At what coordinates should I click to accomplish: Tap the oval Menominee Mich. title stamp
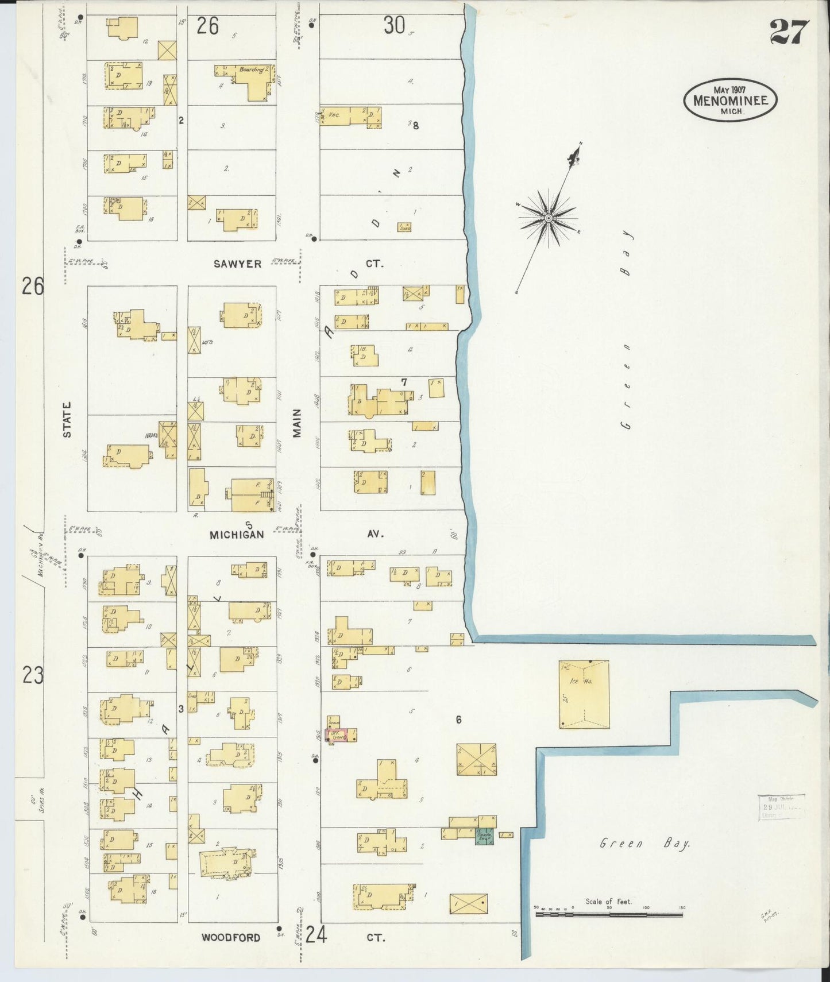click(729, 100)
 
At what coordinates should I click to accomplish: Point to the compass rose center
click(549, 218)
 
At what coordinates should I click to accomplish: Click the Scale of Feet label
click(609, 902)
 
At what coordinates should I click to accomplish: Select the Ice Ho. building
click(584, 694)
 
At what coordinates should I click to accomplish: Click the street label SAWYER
click(237, 264)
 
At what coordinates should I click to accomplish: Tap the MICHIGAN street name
click(237, 535)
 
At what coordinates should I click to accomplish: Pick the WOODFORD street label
click(231, 938)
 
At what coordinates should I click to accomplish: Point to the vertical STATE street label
click(67, 420)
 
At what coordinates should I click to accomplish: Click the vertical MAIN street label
click(297, 423)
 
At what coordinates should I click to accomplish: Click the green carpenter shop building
click(484, 838)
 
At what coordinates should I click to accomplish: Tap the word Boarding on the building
click(252, 70)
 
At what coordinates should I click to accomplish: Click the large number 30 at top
click(394, 25)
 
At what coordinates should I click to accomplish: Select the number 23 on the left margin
click(33, 675)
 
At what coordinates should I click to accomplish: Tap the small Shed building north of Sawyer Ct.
click(404, 227)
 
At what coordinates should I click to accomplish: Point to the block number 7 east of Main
click(404, 382)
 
